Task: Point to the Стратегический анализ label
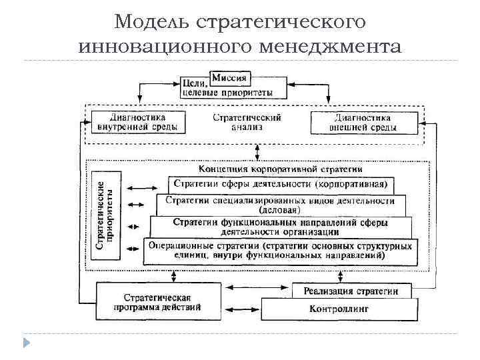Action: [x=247, y=122]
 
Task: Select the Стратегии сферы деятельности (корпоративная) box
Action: [x=281, y=183]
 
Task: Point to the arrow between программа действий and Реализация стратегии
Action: [x=256, y=288]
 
